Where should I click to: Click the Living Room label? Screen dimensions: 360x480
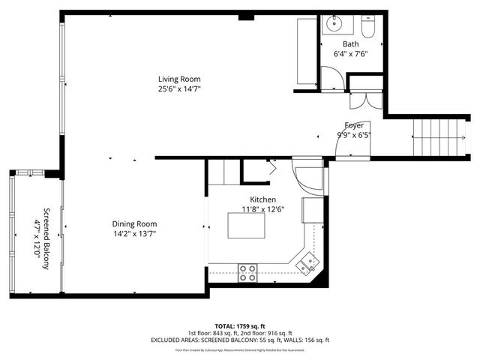click(x=178, y=79)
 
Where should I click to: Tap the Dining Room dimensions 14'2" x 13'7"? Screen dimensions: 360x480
click(x=134, y=233)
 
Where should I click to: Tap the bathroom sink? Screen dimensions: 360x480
click(x=333, y=25)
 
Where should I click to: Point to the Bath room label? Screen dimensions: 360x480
click(x=351, y=44)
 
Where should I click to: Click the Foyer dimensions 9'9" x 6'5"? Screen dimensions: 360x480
click(x=354, y=135)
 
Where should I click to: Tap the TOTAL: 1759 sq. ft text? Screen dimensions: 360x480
click(x=240, y=325)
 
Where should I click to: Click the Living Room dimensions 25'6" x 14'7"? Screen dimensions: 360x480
click(x=178, y=88)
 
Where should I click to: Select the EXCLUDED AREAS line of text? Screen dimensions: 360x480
click(x=240, y=340)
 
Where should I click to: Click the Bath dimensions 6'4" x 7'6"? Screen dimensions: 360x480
click(x=351, y=54)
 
